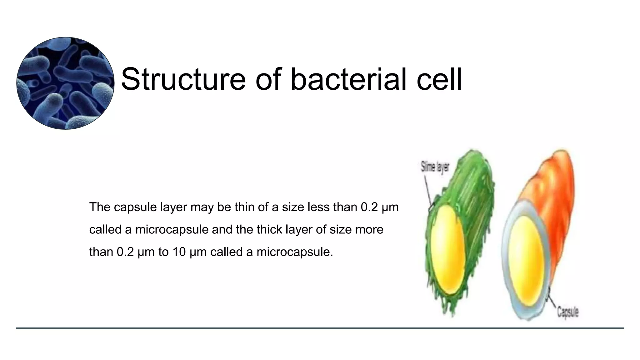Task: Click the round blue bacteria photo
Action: click(x=65, y=83)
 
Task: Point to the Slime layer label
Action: click(x=435, y=167)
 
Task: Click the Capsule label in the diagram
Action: click(x=568, y=312)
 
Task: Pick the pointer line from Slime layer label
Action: click(x=428, y=191)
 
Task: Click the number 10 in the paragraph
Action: click(x=179, y=252)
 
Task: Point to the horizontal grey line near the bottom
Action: click(x=320, y=328)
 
